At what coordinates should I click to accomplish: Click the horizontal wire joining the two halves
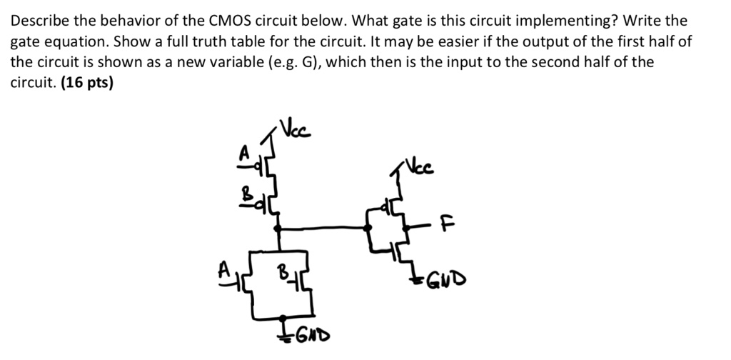pyautogui.click(x=325, y=228)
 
